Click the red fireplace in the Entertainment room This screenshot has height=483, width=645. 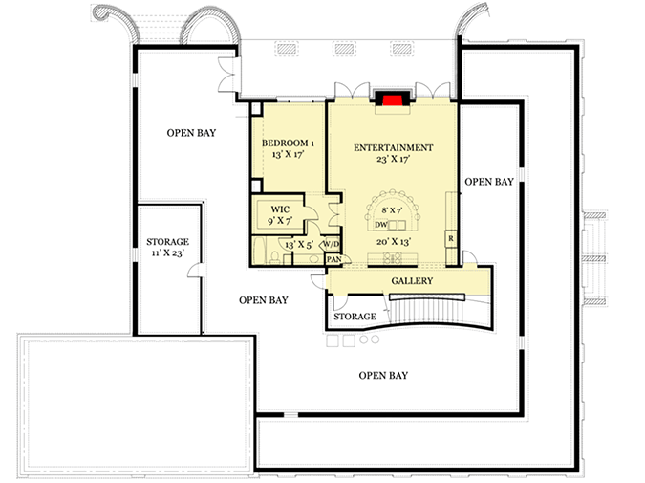[x=393, y=99]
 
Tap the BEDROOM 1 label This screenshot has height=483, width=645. [x=288, y=143]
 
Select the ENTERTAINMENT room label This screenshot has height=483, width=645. [x=394, y=147]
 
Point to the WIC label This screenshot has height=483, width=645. [x=280, y=209]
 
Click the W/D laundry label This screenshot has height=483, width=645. [x=332, y=244]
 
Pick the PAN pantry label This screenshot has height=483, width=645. [x=334, y=259]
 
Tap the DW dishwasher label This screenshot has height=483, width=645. [x=381, y=225]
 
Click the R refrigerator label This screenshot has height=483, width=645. [x=451, y=238]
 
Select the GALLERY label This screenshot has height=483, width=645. [x=412, y=281]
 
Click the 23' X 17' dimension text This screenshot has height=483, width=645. [x=394, y=159]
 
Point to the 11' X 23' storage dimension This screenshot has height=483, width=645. [x=167, y=252]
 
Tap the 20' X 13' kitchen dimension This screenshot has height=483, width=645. [x=394, y=242]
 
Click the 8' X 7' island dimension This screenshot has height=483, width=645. [x=392, y=210]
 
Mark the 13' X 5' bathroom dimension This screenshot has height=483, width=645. [x=299, y=245]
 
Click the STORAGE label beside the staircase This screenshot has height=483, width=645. [x=355, y=317]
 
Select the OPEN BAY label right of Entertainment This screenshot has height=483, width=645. [x=489, y=182]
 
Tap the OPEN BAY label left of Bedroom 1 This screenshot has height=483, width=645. [x=191, y=133]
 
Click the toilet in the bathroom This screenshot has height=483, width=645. [x=275, y=258]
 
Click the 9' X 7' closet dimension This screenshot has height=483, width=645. [x=280, y=221]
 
